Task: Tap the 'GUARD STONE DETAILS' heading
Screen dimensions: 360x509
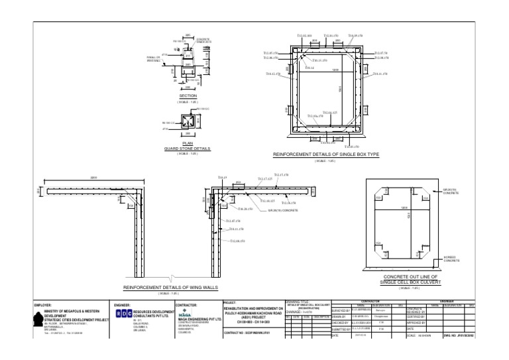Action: pos(187,149)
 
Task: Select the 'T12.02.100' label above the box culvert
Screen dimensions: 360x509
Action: pos(304,36)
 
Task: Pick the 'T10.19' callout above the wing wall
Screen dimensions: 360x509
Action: pos(222,178)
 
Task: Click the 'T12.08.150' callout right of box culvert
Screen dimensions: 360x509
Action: pos(381,58)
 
